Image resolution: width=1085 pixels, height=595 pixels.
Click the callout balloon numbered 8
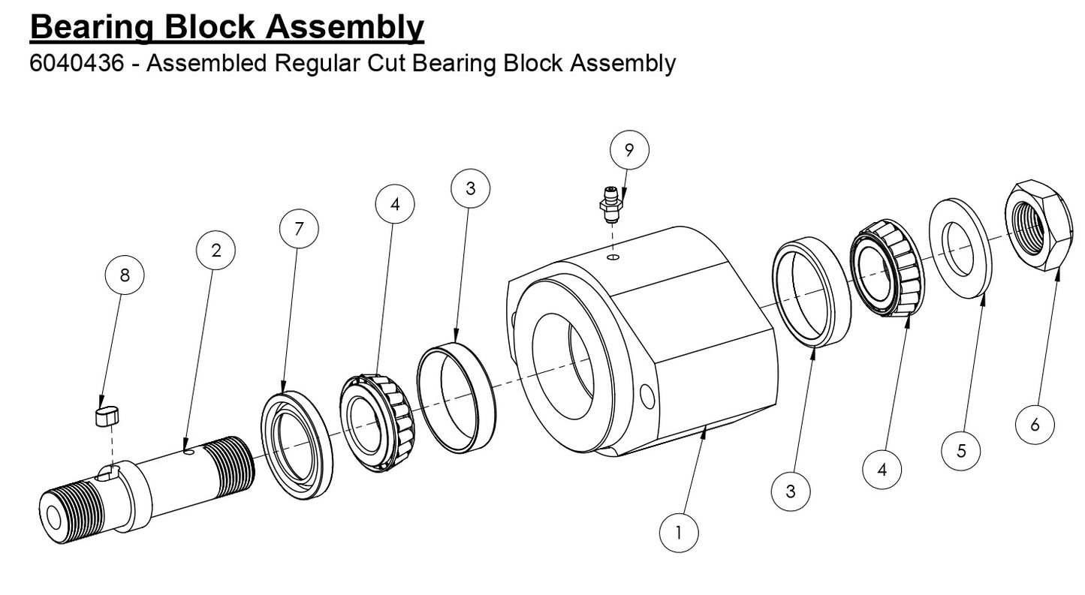pos(125,275)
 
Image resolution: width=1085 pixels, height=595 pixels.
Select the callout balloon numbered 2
pos(216,251)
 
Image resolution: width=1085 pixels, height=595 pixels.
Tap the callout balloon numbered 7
pos(299,229)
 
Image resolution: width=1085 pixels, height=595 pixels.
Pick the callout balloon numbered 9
pos(629,150)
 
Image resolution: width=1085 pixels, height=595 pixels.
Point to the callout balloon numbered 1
pos(679,533)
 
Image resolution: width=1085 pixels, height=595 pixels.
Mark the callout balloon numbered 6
pos(1035,425)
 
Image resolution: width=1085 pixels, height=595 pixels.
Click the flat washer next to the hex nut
pos(960,248)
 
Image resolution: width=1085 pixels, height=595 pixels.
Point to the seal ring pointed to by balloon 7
pos(297,446)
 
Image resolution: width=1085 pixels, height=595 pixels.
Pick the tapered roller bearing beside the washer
pos(888,269)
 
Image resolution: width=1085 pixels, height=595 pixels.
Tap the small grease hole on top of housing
pos(613,257)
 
